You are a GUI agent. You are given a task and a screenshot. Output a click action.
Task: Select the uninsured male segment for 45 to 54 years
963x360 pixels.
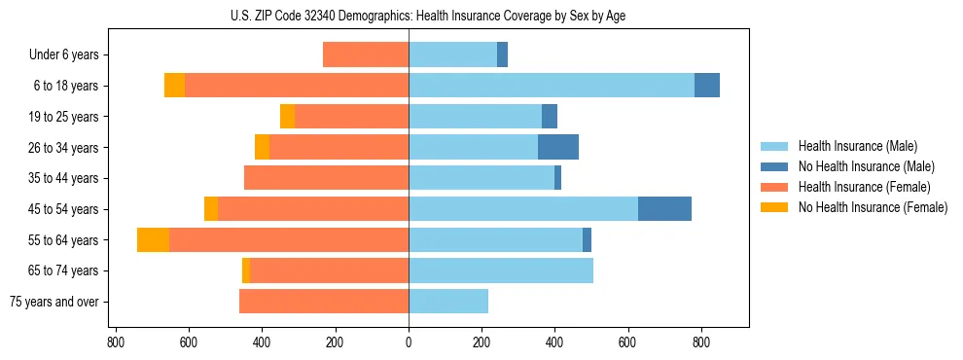[664, 208]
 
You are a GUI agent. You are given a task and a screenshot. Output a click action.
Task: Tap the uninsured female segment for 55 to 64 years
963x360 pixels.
[153, 239]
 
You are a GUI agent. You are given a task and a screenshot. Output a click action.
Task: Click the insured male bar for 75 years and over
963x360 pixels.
[448, 301]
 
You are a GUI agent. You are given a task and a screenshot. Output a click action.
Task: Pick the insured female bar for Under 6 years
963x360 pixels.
[366, 54]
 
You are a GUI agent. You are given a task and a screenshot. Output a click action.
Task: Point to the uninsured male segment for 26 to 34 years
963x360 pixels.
[558, 147]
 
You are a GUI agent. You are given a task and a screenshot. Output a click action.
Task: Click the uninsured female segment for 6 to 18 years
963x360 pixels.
[174, 86]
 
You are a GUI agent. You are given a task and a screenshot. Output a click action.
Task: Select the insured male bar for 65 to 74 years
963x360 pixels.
[501, 270]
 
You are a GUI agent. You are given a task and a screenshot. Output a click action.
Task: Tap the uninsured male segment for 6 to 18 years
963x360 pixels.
[707, 86]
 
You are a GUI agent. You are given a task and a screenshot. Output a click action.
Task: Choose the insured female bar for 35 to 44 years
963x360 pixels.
[326, 178]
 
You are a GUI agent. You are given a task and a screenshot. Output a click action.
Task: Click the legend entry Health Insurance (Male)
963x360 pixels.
[857, 146]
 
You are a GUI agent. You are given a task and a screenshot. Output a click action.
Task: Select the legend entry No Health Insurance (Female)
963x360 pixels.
[873, 207]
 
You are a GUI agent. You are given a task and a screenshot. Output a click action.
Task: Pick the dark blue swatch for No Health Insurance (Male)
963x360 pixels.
[775, 166]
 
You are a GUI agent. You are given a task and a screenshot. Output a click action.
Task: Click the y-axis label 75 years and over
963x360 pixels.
[54, 302]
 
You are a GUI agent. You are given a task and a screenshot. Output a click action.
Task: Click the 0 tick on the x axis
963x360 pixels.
[409, 342]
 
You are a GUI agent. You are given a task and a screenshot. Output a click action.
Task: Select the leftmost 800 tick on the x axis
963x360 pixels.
[116, 342]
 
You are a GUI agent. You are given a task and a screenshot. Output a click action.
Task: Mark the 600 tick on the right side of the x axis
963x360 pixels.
[628, 342]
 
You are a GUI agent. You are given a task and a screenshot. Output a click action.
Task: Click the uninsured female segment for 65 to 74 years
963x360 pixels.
[246, 270]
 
